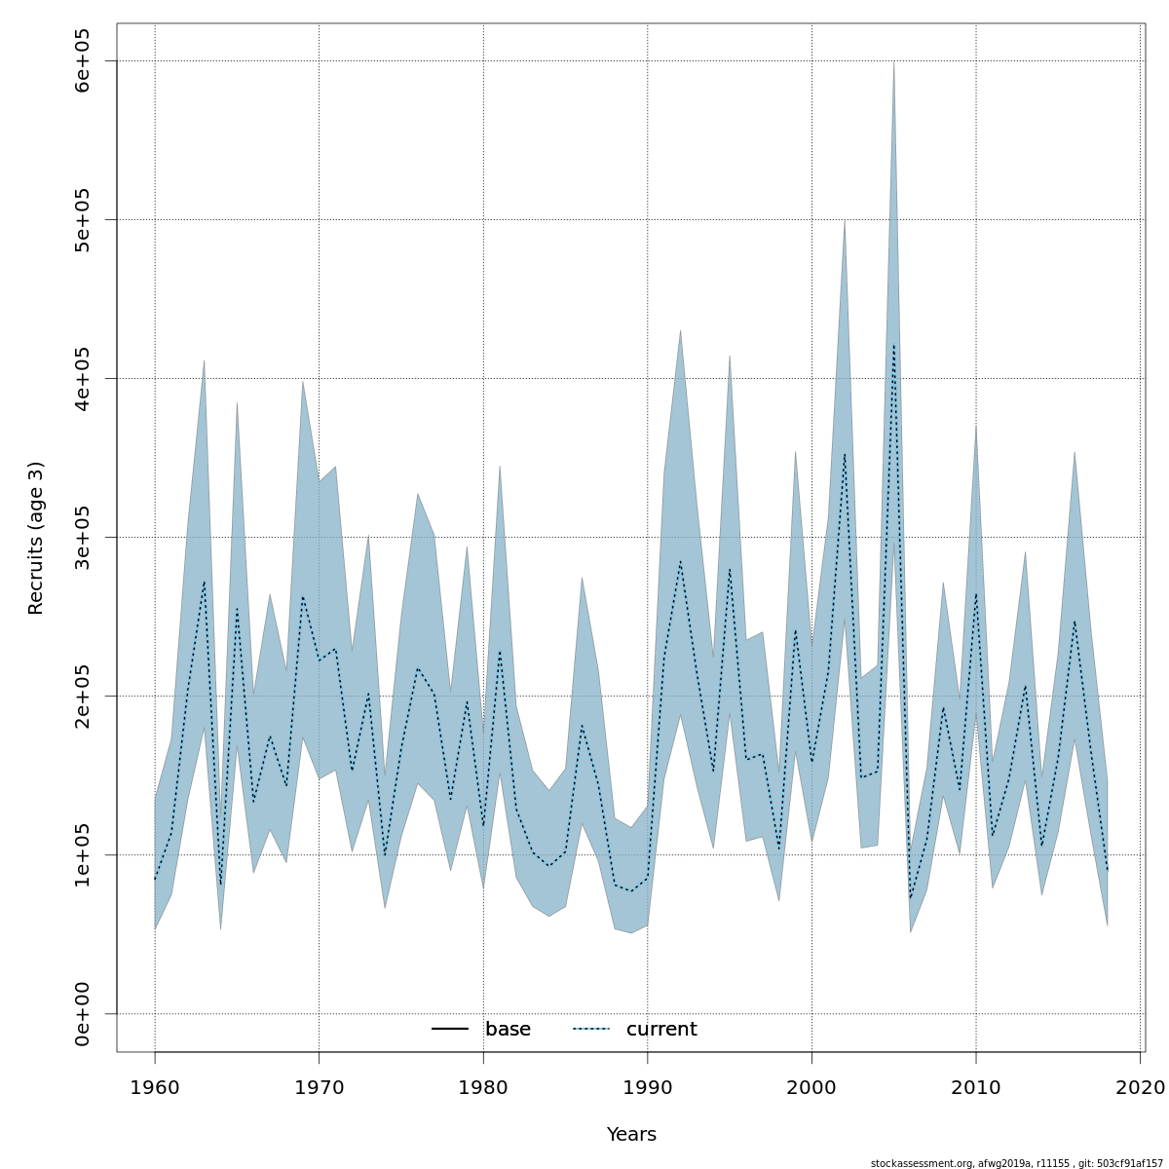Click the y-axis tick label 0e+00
[x=83, y=1013]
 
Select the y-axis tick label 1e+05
[x=83, y=854]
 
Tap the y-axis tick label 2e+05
[x=83, y=696]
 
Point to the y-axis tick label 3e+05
[x=83, y=537]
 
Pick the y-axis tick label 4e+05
[x=83, y=378]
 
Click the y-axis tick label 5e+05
[x=83, y=219]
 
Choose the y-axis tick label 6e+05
[x=83, y=60]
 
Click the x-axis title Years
[x=631, y=1135]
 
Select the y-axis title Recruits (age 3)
[x=36, y=538]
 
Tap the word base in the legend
[x=508, y=1030]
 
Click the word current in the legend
[x=661, y=1030]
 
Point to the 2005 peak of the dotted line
[x=893, y=344]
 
